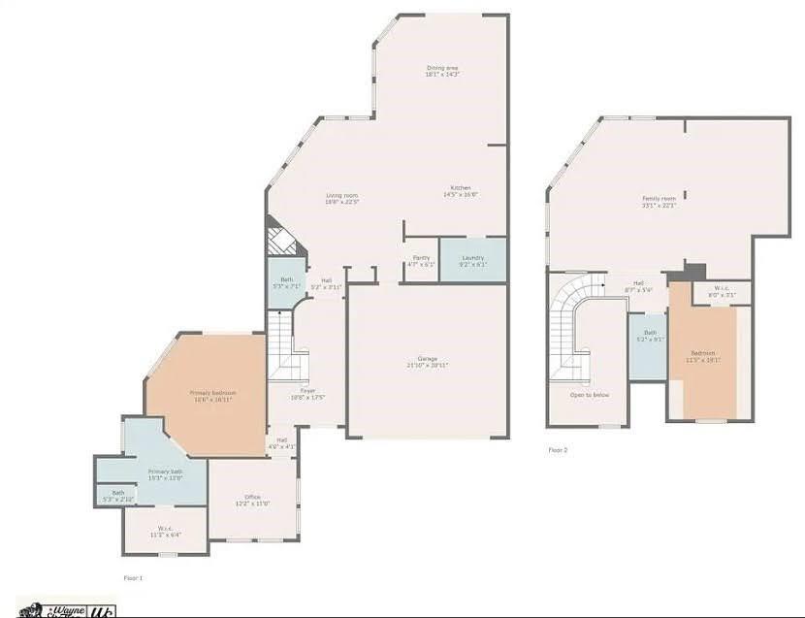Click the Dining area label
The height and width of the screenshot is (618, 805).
(x=441, y=70)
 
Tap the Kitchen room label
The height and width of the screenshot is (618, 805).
(x=461, y=190)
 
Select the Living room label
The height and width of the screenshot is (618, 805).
(x=341, y=198)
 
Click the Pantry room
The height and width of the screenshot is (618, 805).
(x=421, y=260)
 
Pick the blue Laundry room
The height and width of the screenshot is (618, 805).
(x=472, y=260)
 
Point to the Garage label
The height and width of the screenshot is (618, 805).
(x=427, y=361)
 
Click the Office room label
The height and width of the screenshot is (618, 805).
(x=252, y=500)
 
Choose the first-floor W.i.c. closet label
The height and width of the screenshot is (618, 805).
(x=165, y=532)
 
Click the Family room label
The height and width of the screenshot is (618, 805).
(x=659, y=201)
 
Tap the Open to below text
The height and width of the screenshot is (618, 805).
(x=589, y=395)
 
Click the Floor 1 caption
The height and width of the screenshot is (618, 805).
(x=133, y=577)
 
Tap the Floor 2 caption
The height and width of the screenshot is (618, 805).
(x=558, y=450)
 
